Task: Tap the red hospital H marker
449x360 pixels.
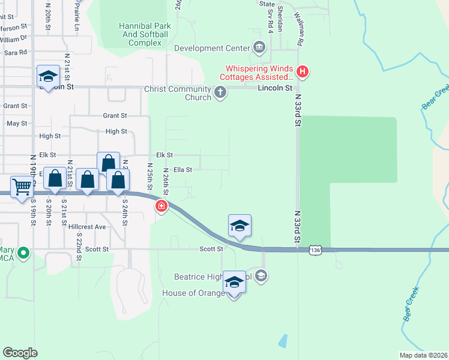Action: pyautogui.click(x=303, y=73)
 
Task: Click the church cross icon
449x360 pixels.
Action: pyautogui.click(x=220, y=93)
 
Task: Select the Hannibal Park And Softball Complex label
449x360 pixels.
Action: pyautogui.click(x=145, y=34)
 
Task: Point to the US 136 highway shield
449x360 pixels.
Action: pyautogui.click(x=315, y=250)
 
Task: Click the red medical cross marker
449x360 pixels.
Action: pyautogui.click(x=161, y=208)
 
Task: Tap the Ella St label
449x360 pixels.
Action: pyautogui.click(x=182, y=170)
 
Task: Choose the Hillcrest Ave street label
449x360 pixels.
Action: pyautogui.click(x=87, y=227)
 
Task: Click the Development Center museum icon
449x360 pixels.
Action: pyautogui.click(x=259, y=47)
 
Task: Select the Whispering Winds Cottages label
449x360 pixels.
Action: pyautogui.click(x=258, y=73)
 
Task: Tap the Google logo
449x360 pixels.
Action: pyautogui.click(x=20, y=353)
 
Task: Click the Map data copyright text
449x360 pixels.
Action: pyautogui.click(x=423, y=355)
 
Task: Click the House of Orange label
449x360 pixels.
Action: pyautogui.click(x=191, y=293)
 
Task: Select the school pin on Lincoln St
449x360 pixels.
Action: pyautogui.click(x=48, y=76)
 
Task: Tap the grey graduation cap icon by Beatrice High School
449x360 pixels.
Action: pyautogui.click(x=261, y=276)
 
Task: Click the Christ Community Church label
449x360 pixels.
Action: pyautogui.click(x=178, y=93)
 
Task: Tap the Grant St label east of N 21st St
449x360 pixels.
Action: pyautogui.click(x=115, y=115)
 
